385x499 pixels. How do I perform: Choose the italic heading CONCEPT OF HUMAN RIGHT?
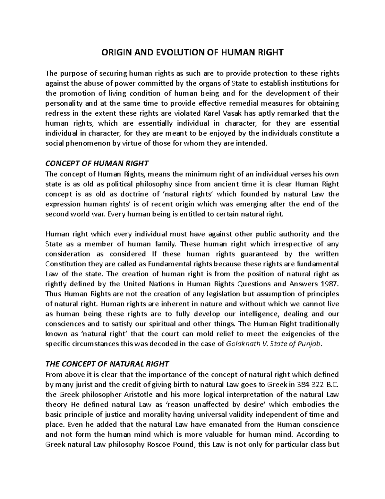click(97, 164)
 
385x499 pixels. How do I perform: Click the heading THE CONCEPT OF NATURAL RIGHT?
click(107, 364)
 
